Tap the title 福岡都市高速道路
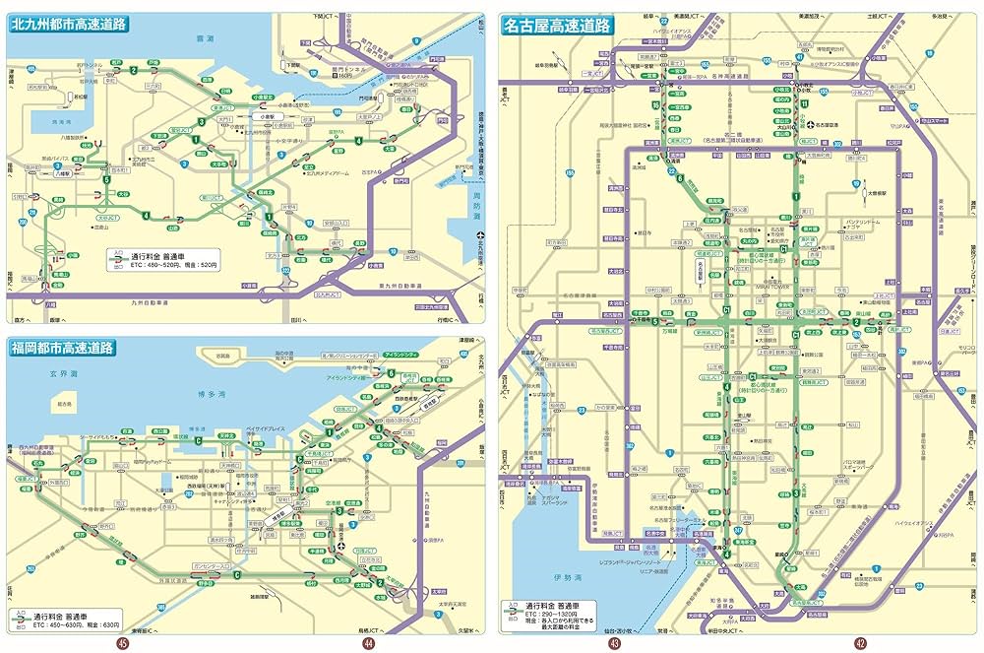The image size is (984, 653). point(64,348)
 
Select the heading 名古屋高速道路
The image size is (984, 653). point(557,25)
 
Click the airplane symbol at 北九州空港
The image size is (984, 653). point(479,235)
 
